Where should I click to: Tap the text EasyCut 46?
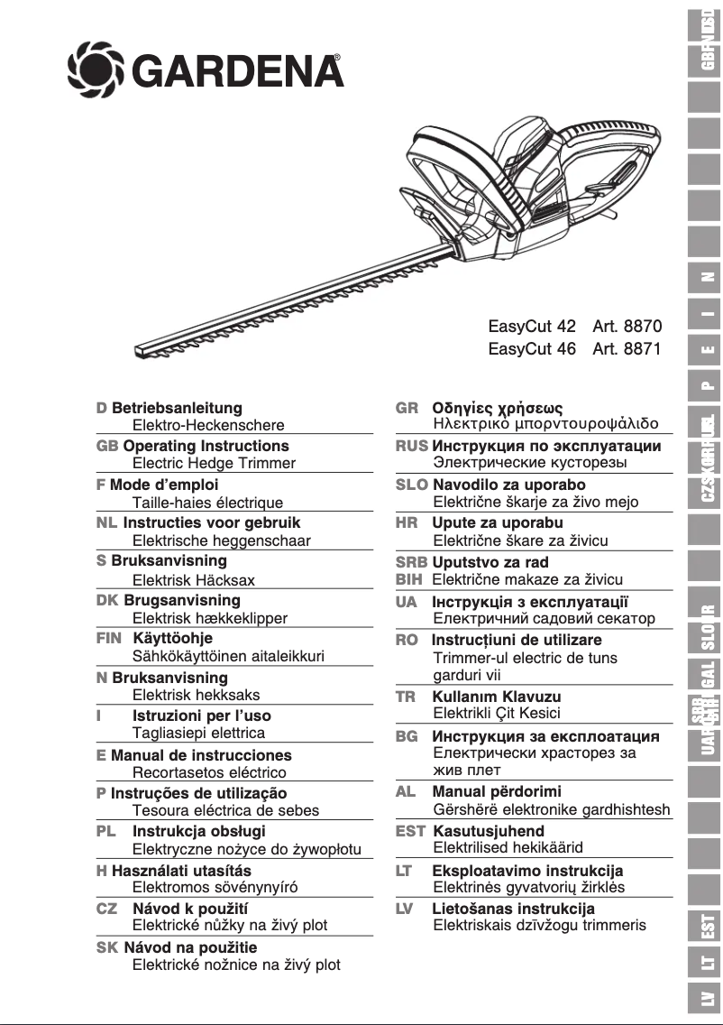532,349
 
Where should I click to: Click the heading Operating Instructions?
206,446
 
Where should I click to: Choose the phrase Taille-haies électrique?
207,503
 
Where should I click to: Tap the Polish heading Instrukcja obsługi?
199,831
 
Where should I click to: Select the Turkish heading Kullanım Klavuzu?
496,697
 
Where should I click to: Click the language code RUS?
411,446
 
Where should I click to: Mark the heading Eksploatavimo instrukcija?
527,871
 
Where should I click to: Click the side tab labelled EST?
709,923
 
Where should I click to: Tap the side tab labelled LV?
709,999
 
